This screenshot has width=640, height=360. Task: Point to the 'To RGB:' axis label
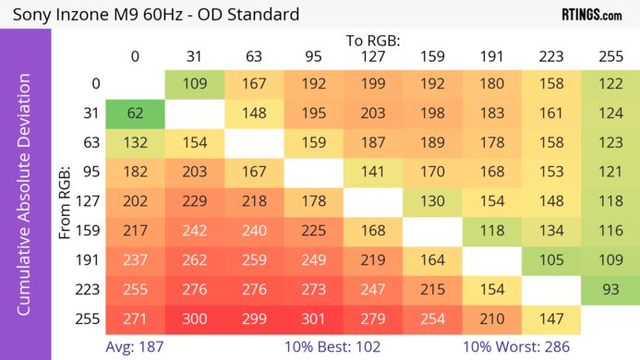[x=372, y=41]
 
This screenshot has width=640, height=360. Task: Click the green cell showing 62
[x=135, y=114]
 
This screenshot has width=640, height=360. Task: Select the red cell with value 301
[x=313, y=318]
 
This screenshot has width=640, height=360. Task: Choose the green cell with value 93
[x=610, y=289]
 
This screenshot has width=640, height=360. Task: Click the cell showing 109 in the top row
[x=194, y=84]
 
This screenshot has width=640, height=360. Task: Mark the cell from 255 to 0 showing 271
[x=135, y=318]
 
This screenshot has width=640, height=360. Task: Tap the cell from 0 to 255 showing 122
[x=610, y=84]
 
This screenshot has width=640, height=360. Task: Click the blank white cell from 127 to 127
[x=372, y=201]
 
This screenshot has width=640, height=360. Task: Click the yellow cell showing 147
[x=550, y=318]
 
